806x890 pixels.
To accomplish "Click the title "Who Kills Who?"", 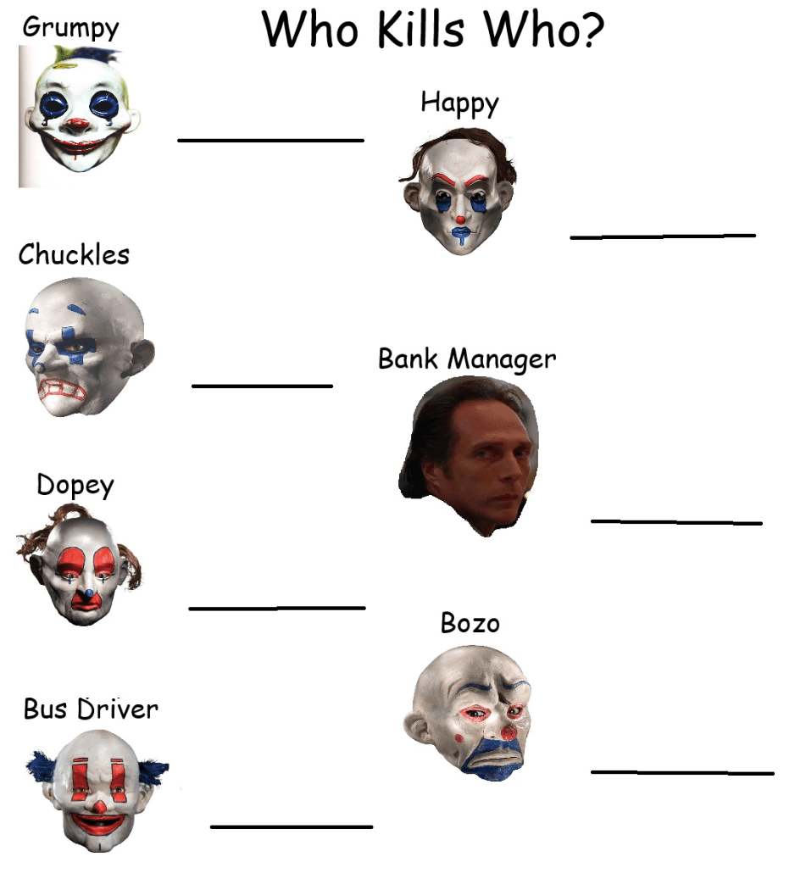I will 433,30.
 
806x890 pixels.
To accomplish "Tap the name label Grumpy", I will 71,27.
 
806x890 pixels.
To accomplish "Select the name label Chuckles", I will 75,254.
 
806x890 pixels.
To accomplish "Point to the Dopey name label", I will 75,486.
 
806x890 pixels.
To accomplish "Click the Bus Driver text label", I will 91,709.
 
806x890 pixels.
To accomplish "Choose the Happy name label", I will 459,103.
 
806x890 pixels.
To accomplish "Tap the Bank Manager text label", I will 467,359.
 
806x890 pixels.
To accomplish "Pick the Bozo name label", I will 470,623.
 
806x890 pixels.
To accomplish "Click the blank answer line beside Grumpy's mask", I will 270,140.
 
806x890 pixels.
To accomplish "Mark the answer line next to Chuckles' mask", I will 262,387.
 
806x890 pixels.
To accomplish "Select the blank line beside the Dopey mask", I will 276,608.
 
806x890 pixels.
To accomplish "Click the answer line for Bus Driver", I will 291,826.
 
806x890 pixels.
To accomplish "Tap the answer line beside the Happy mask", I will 662,236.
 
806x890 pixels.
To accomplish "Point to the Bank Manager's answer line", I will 675,522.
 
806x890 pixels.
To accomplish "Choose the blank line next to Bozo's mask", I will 681,772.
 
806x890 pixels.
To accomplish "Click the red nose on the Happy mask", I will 460,220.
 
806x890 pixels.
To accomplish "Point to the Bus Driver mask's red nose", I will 100,806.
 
